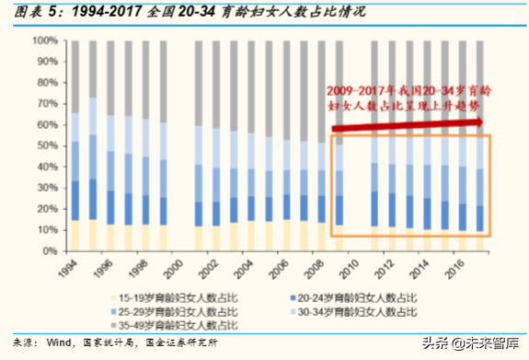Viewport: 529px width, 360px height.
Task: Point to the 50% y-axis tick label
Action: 45,145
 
